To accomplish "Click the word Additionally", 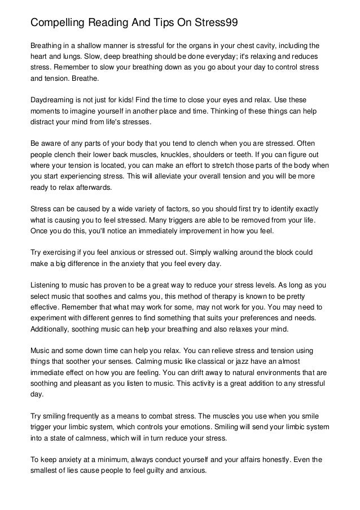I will pyautogui.click(x=54, y=329).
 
